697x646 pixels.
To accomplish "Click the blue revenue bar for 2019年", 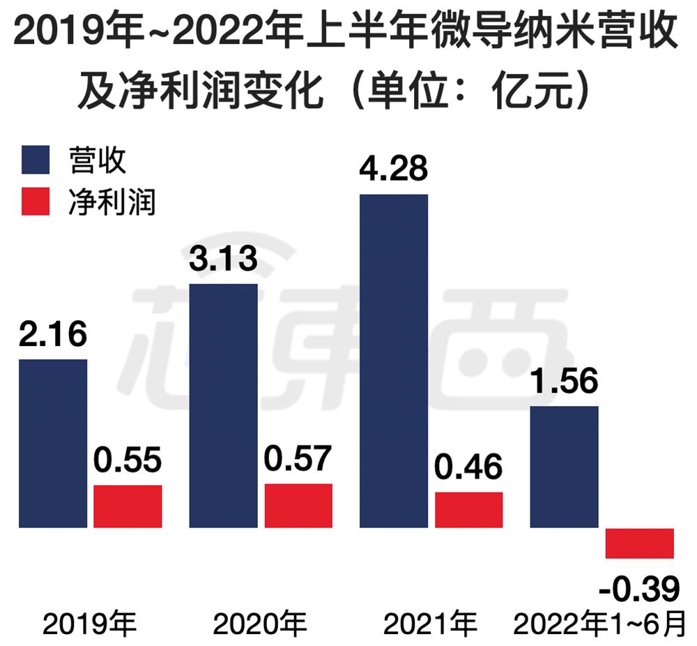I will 53,443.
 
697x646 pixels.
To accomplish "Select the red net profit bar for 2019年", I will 128,506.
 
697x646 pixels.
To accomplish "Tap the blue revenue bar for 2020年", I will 223,405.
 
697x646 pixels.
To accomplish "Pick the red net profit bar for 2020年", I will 298,505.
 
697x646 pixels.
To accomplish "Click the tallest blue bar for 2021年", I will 393,360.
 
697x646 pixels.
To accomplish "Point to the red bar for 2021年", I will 468,509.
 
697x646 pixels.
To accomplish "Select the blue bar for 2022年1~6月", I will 564,466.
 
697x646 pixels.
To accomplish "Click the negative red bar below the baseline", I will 639,543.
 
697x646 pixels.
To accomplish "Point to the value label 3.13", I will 223,259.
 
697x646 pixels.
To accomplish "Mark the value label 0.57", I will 298,459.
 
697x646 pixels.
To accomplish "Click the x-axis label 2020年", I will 260,624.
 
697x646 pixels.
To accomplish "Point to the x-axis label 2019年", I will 90,624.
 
